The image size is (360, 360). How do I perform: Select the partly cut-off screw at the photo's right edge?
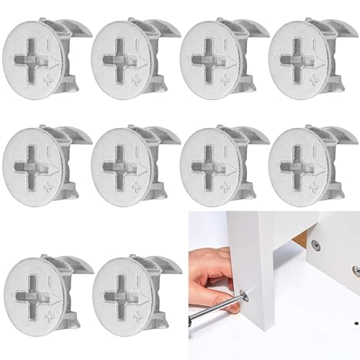(x=356, y=269)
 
